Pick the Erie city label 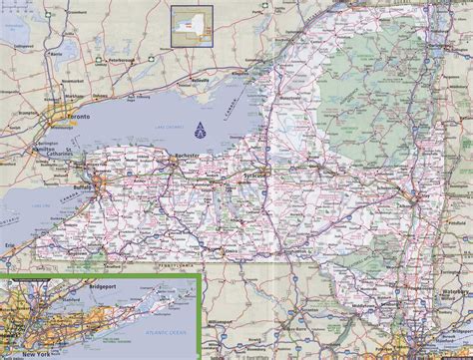coord(10,242)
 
